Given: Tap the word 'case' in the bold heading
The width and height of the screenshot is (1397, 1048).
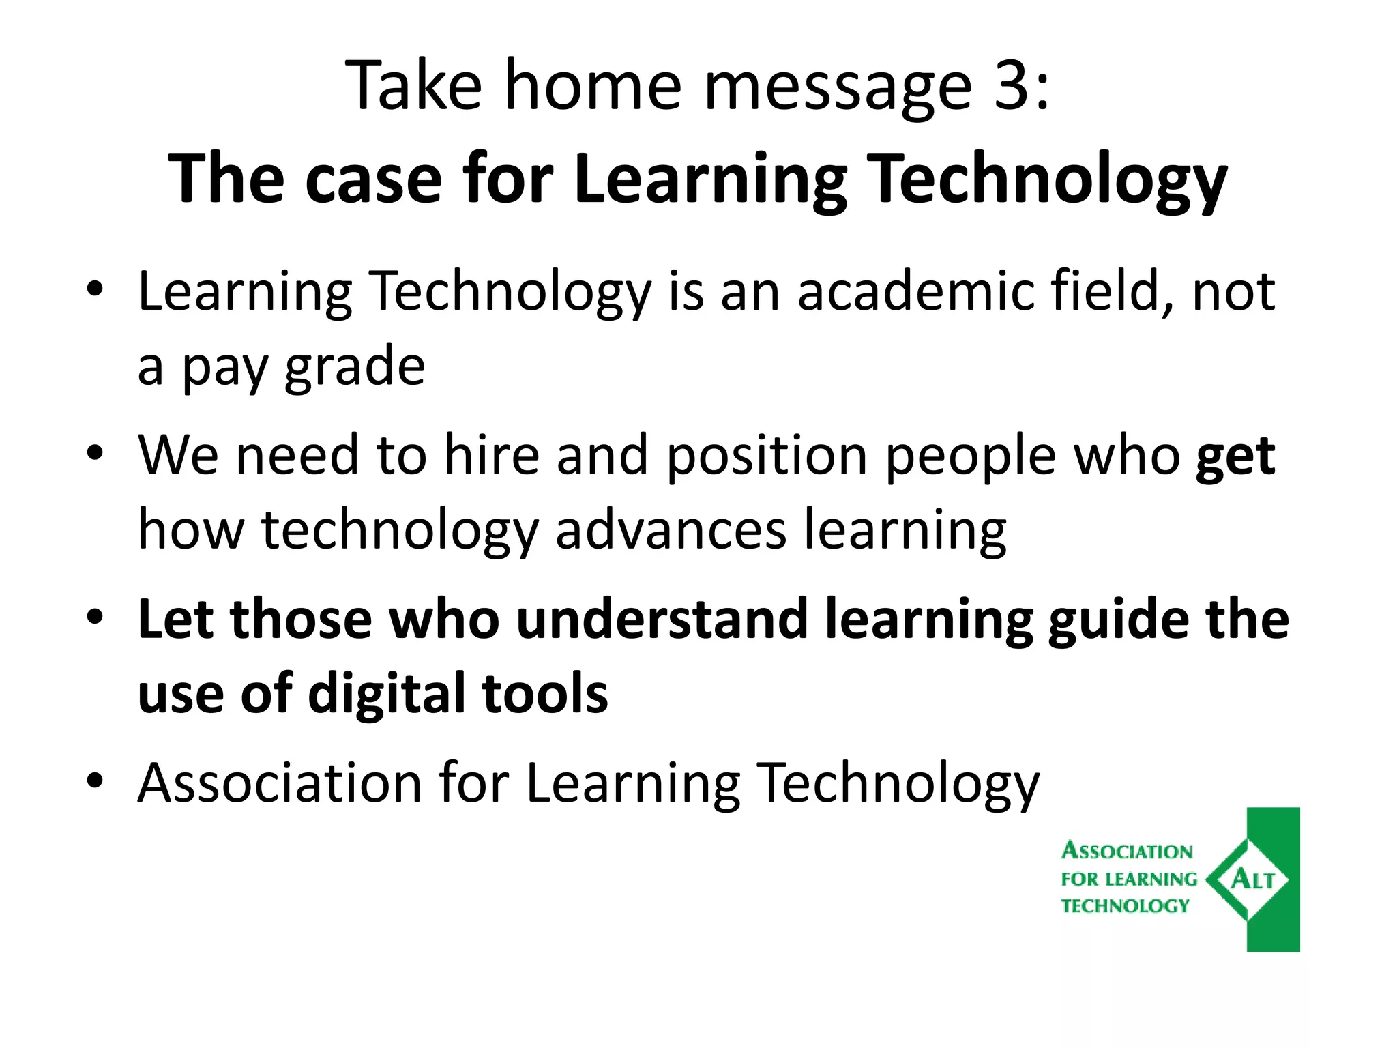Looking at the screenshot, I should click(x=373, y=179).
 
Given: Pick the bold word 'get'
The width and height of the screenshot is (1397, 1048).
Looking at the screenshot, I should click(x=1235, y=457).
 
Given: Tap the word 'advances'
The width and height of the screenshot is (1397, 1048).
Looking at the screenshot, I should click(x=671, y=530).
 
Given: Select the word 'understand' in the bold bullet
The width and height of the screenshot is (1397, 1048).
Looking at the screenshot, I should click(x=662, y=619).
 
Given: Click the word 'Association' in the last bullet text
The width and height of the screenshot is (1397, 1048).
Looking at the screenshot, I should click(x=280, y=783).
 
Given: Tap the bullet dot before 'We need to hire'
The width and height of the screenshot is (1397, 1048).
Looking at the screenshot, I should click(x=95, y=452).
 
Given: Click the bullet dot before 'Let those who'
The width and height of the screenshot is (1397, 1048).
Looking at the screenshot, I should click(x=95, y=616).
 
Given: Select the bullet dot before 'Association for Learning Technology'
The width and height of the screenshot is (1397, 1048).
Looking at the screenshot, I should click(x=95, y=780).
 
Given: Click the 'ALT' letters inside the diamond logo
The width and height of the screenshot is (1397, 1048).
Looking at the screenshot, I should click(x=1252, y=879).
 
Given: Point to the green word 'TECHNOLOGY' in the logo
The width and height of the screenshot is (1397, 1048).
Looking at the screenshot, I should click(x=1125, y=906).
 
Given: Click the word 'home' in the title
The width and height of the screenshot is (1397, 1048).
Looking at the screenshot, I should click(x=593, y=87).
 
